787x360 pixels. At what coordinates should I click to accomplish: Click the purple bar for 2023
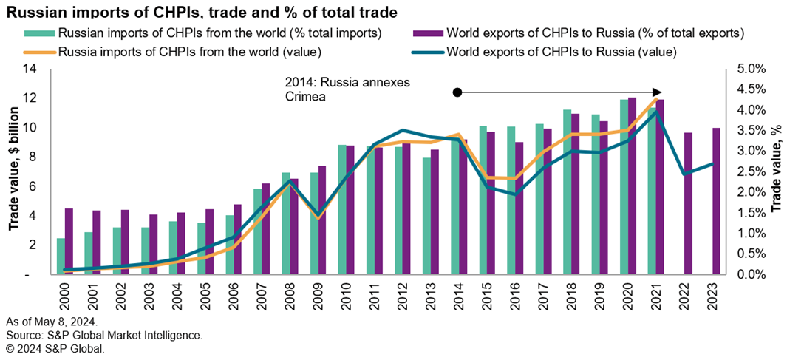coord(715,201)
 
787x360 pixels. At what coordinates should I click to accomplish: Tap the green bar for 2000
coord(61,256)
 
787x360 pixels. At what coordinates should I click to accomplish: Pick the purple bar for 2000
coord(69,241)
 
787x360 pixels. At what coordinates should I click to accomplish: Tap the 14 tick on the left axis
coord(29,69)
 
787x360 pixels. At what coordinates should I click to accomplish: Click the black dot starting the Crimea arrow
coord(457,92)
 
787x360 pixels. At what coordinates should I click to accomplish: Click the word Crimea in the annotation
coord(306,95)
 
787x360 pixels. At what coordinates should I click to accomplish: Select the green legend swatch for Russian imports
coord(40,33)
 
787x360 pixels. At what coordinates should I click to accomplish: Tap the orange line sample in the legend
coord(40,52)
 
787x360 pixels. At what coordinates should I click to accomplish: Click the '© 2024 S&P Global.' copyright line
coord(55,348)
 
